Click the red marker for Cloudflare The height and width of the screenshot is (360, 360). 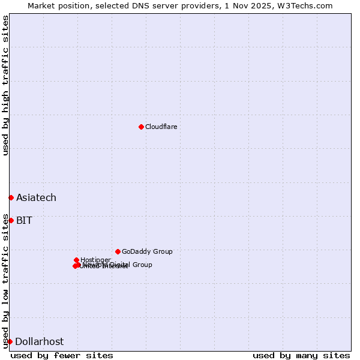141,127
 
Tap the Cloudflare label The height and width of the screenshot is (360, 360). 161,127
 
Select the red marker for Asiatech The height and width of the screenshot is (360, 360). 11,197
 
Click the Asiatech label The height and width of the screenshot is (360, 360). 36,197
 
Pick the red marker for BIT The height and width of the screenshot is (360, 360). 11,220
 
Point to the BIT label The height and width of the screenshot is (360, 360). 24,220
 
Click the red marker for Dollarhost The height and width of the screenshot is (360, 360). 10,341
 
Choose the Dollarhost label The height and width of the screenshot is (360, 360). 39,341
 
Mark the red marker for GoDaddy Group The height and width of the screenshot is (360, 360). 118,251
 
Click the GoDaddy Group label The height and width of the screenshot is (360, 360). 147,251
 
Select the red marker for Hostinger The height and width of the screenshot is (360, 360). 77,260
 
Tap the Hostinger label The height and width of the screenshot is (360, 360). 95,260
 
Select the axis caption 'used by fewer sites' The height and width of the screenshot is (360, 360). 62,355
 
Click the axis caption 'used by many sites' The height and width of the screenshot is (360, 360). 301,355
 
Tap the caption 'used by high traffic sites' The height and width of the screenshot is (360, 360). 5,85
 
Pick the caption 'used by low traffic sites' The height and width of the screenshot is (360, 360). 5,281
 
